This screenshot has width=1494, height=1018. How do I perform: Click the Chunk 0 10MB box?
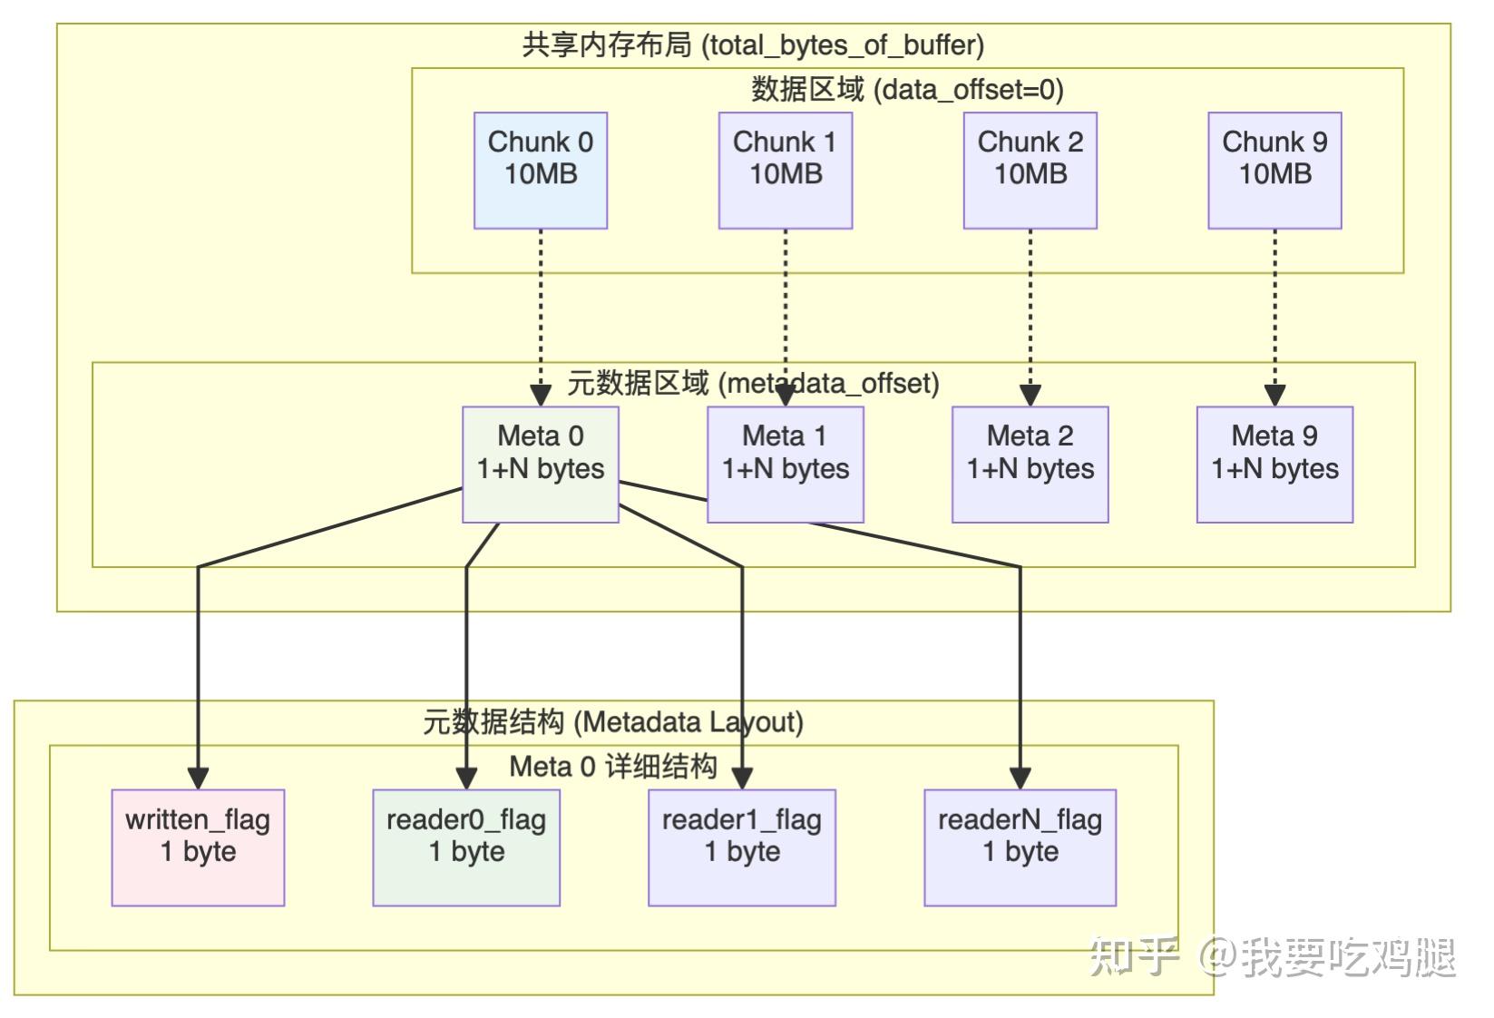tap(541, 171)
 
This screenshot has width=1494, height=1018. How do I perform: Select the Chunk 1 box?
tap(786, 171)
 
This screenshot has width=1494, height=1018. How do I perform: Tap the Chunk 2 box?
tap(1030, 171)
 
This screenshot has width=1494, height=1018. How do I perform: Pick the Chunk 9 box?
tap(1274, 171)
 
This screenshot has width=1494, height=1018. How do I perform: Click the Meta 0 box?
tap(541, 465)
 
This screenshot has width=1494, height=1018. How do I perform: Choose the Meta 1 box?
tap(786, 465)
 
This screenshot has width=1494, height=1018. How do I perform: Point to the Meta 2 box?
tap(1030, 465)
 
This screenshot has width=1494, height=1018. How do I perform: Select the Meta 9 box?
tap(1274, 465)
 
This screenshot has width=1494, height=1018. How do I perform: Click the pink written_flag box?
tap(198, 847)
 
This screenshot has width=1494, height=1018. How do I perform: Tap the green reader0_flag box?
tap(466, 847)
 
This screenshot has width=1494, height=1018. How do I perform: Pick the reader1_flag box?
tap(742, 847)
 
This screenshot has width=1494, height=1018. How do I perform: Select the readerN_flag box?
tap(1020, 847)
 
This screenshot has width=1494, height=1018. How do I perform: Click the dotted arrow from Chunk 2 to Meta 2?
tap(1030, 308)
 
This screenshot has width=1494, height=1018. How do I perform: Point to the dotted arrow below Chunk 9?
tap(1274, 308)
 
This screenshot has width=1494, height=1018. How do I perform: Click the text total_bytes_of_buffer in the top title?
tap(844, 45)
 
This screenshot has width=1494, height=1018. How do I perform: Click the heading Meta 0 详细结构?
tap(613, 767)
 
